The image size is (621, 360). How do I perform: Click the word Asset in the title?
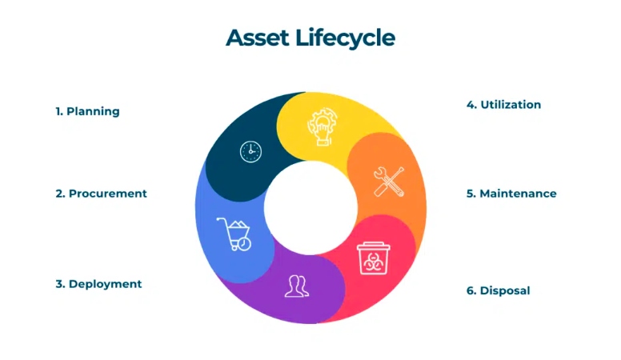pyautogui.click(x=258, y=38)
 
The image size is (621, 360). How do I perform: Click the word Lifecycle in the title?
pyautogui.click(x=345, y=39)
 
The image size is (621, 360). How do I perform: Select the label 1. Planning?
pyautogui.click(x=87, y=112)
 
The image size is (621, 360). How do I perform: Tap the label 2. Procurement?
pyautogui.click(x=101, y=194)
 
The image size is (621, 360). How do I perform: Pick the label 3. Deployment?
pyautogui.click(x=98, y=284)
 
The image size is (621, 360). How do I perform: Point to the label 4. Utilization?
pyautogui.click(x=503, y=105)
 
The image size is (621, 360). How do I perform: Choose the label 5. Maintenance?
pyautogui.click(x=511, y=194)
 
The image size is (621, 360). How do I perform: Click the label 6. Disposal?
pyautogui.click(x=498, y=290)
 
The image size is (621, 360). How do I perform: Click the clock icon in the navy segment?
pyautogui.click(x=250, y=152)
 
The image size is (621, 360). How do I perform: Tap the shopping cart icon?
pyautogui.click(x=234, y=234)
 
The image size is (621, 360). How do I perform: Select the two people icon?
pyautogui.click(x=297, y=286)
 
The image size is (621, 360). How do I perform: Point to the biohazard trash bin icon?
pyautogui.click(x=373, y=258)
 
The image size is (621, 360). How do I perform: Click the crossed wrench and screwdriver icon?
pyautogui.click(x=389, y=182)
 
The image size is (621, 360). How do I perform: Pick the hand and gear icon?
pyautogui.click(x=323, y=126)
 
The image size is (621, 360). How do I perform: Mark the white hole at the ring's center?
pyautogui.click(x=310, y=207)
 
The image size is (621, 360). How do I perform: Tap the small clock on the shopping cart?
pyautogui.click(x=244, y=244)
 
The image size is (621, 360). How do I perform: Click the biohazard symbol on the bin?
pyautogui.click(x=373, y=262)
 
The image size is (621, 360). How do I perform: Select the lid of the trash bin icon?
pyautogui.click(x=373, y=246)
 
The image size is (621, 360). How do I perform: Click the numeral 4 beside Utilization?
pyautogui.click(x=471, y=105)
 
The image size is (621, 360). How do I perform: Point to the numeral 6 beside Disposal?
pyautogui.click(x=471, y=290)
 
